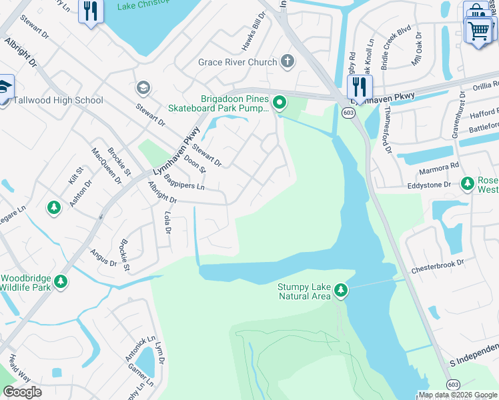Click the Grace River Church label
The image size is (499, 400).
click(x=237, y=62)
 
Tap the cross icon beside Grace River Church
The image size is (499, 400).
click(x=288, y=62)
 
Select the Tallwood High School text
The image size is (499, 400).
click(x=59, y=100)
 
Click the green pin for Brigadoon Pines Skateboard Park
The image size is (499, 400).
click(x=280, y=103)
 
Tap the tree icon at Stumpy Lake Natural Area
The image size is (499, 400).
click(x=341, y=289)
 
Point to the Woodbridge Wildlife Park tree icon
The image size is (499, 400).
click(x=61, y=281)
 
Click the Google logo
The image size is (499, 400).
click(x=22, y=391)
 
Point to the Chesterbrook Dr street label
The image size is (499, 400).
click(x=437, y=265)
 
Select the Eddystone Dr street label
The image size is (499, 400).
click(x=429, y=185)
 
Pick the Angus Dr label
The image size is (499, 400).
click(x=104, y=258)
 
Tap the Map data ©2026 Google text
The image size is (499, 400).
click(x=458, y=395)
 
